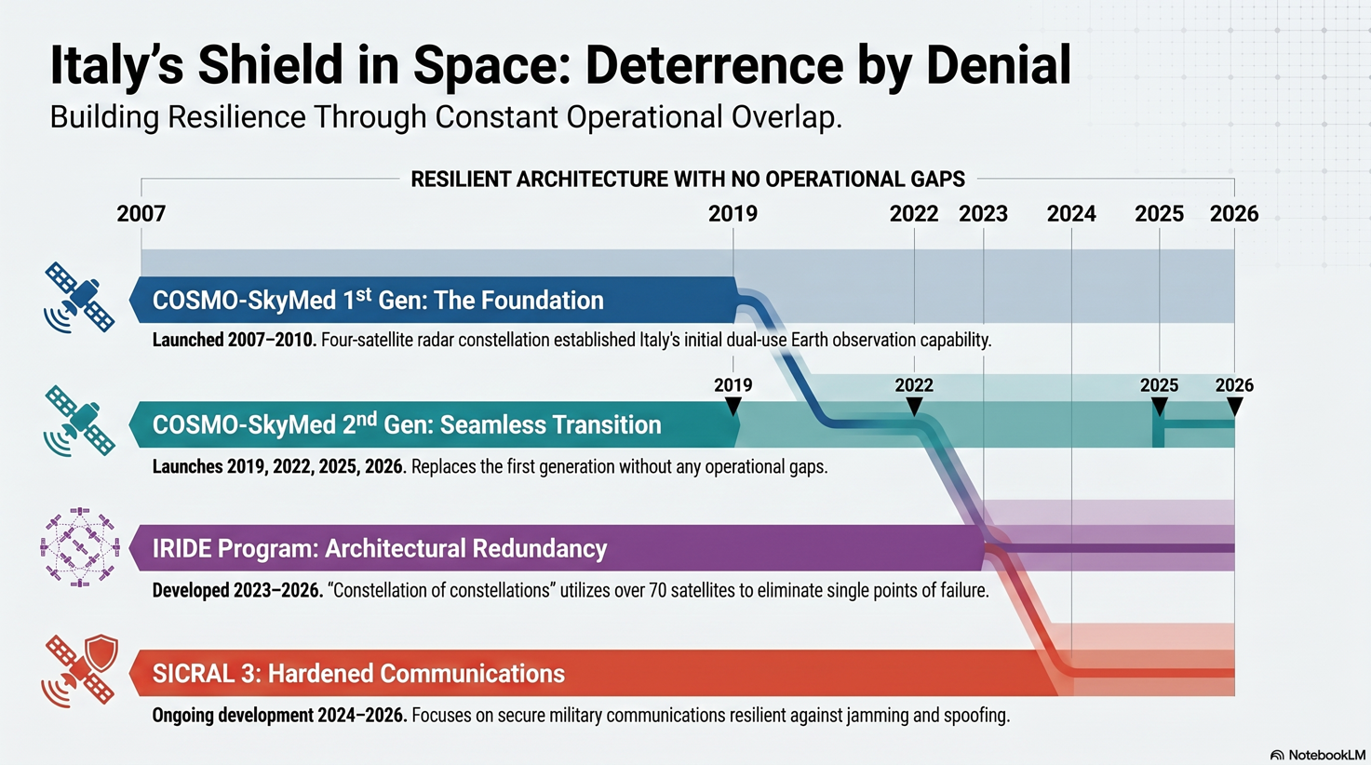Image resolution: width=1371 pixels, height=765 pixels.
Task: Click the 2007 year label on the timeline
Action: pyautogui.click(x=141, y=214)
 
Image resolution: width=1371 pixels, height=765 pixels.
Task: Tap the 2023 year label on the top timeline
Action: pyautogui.click(x=983, y=214)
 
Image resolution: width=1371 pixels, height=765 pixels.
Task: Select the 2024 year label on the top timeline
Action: pyautogui.click(x=1071, y=214)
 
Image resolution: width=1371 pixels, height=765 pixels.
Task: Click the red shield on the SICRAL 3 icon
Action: pyautogui.click(x=101, y=652)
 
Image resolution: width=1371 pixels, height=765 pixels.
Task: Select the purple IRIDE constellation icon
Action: pyautogui.click(x=79, y=547)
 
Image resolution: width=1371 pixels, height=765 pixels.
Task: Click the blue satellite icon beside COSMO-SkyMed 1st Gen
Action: pyautogui.click(x=79, y=298)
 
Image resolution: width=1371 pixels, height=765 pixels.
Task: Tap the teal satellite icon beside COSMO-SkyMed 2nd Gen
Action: pyautogui.click(x=79, y=421)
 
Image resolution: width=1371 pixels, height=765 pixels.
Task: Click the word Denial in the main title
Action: pyautogui.click(x=999, y=65)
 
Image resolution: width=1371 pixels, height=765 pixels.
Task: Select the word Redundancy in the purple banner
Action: pyautogui.click(x=528, y=549)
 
